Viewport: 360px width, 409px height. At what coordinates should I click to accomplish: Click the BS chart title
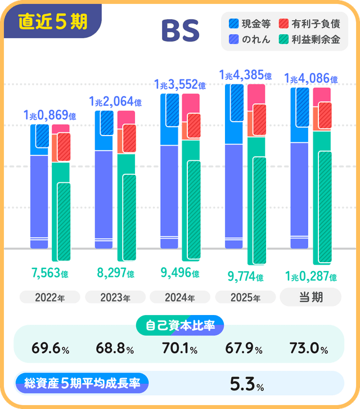click(x=180, y=32)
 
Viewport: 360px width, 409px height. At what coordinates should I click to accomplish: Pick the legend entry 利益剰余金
click(x=309, y=40)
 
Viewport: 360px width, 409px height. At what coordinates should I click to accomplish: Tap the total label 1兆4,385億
click(x=245, y=75)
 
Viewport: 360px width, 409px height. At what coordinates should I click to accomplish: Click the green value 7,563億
click(x=49, y=273)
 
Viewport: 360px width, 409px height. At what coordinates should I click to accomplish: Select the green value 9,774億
click(x=245, y=276)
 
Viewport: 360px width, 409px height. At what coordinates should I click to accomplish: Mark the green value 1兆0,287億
click(x=310, y=276)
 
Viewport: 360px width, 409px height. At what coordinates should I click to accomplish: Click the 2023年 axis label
click(x=115, y=298)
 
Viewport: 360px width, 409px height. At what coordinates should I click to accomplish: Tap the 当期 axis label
click(x=310, y=297)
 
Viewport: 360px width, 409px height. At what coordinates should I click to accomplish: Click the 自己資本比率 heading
click(x=180, y=325)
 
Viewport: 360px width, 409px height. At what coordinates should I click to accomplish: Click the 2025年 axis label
click(x=245, y=298)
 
